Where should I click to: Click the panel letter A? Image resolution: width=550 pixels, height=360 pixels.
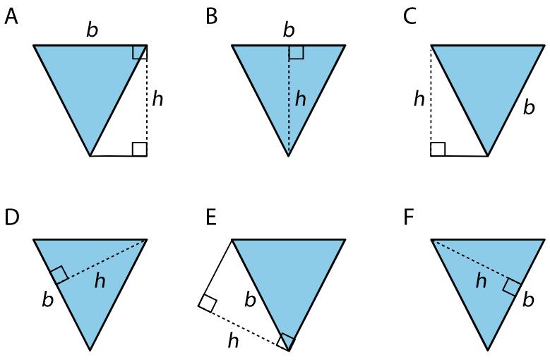tap(11, 17)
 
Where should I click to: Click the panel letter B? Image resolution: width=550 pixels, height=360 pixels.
tap(212, 17)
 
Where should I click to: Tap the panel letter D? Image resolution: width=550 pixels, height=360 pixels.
tap(12, 217)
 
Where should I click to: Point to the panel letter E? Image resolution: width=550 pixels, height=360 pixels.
tap(211, 217)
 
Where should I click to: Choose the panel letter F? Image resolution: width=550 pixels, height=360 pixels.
tap(409, 217)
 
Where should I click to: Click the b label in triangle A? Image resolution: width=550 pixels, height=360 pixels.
tap(92, 30)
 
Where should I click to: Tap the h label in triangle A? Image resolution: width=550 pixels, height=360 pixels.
tap(157, 99)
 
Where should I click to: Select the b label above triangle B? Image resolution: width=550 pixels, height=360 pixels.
tap(288, 30)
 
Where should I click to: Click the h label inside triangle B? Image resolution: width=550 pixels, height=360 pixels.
tap(301, 99)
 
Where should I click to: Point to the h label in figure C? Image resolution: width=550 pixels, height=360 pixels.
tap(419, 99)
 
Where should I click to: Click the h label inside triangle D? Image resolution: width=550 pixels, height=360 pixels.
tap(100, 281)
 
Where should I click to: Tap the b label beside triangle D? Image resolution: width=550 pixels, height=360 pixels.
tap(48, 300)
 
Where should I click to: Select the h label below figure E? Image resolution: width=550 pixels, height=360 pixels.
tap(233, 340)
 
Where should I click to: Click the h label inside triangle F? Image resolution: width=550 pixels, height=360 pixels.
tap(481, 281)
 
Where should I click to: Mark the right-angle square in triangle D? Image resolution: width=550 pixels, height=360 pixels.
tap(59, 274)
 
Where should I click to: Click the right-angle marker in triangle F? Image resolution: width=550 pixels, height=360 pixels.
tap(512, 288)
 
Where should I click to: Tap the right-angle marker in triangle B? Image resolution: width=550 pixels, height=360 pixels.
tap(296, 52)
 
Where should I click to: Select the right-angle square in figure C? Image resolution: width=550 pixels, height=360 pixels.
tap(438, 149)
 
